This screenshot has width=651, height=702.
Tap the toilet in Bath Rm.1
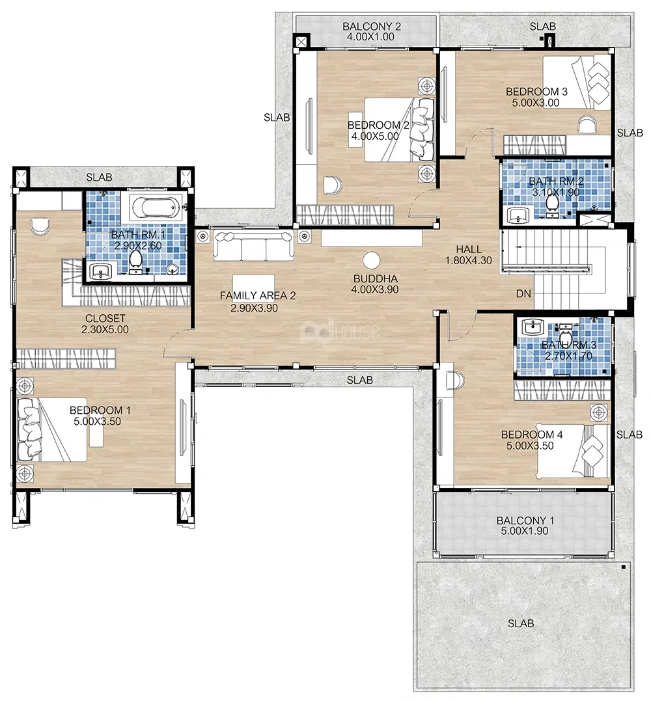point(135,262)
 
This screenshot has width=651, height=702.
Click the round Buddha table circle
point(372,260)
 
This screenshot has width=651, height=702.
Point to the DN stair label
point(523,293)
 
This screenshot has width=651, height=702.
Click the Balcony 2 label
point(372,27)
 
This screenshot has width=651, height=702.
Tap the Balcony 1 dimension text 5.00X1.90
point(525,531)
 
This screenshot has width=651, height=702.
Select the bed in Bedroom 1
point(51,430)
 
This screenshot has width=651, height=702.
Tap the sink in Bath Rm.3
point(533,327)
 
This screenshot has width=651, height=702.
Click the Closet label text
point(105,318)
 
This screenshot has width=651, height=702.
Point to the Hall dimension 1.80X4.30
point(469,260)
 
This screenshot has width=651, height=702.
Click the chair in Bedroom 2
point(333,185)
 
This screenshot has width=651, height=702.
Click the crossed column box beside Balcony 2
point(301,42)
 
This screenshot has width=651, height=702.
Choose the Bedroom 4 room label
point(532,434)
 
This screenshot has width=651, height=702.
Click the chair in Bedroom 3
point(587,124)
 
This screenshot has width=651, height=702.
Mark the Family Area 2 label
point(258,295)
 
